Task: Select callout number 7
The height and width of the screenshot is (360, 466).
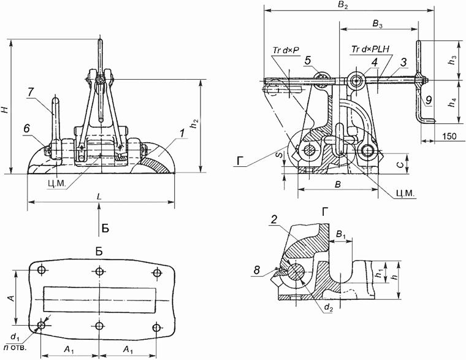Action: pos(30,91)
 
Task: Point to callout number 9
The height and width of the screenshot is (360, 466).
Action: pos(429,99)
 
